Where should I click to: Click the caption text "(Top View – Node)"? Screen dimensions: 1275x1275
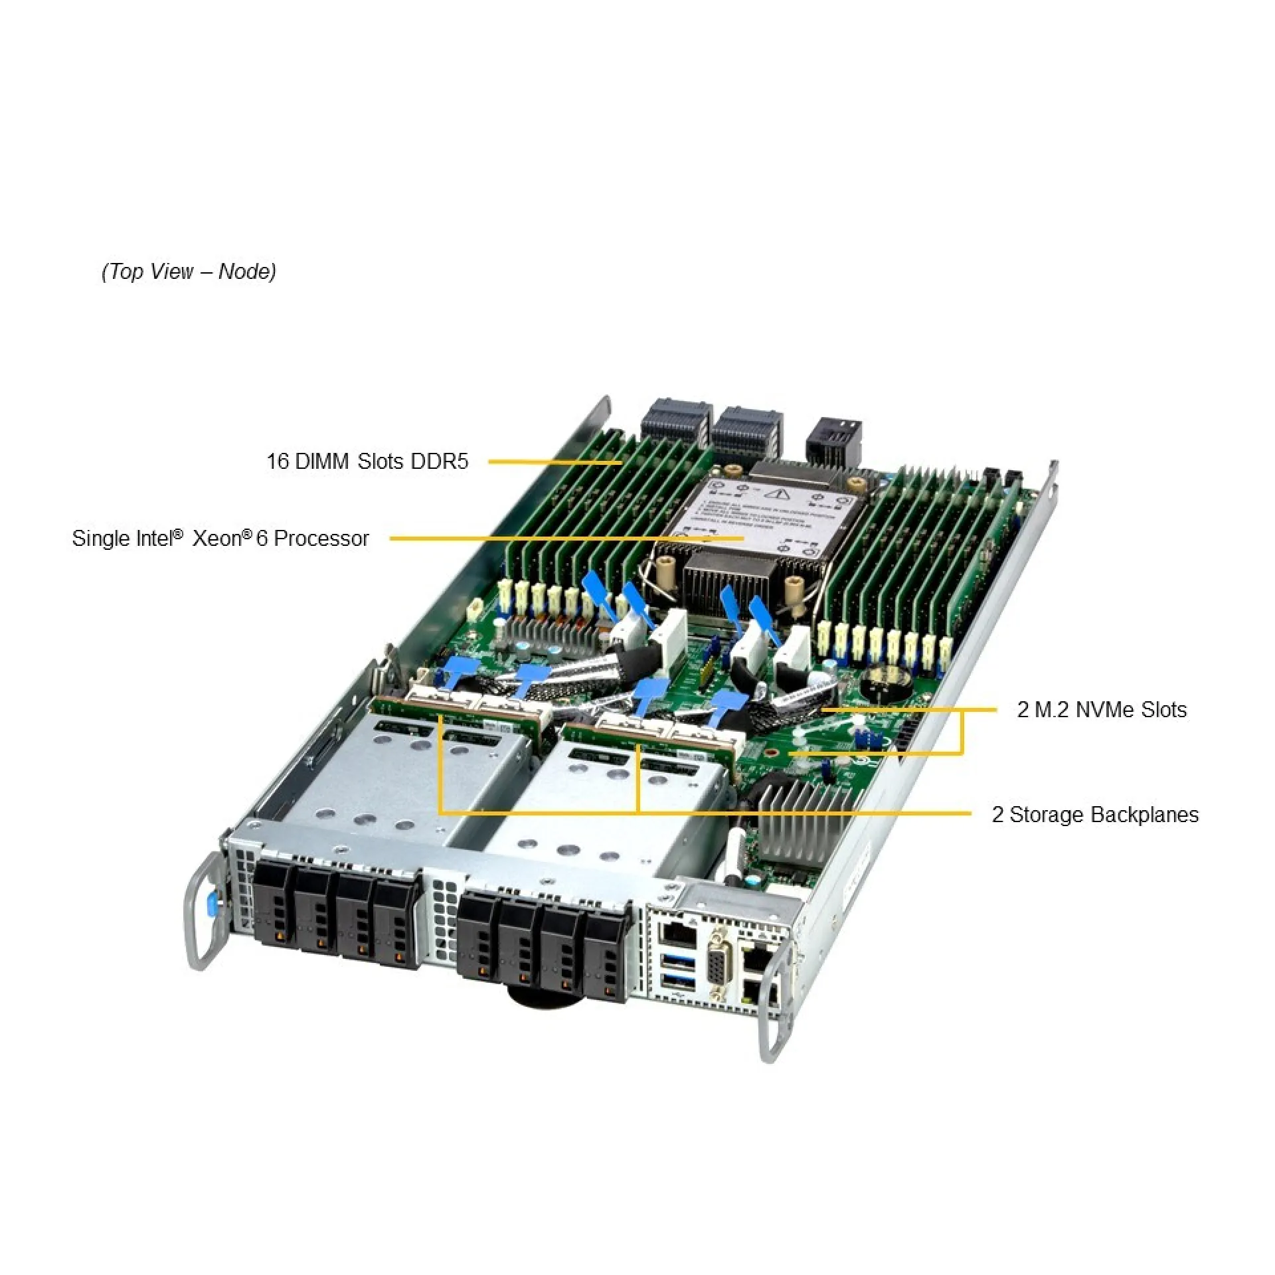point(189,272)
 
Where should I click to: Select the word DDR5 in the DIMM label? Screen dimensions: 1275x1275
point(439,462)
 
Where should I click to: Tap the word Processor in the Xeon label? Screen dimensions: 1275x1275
point(321,539)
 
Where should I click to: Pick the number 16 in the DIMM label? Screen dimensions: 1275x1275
point(277,462)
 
